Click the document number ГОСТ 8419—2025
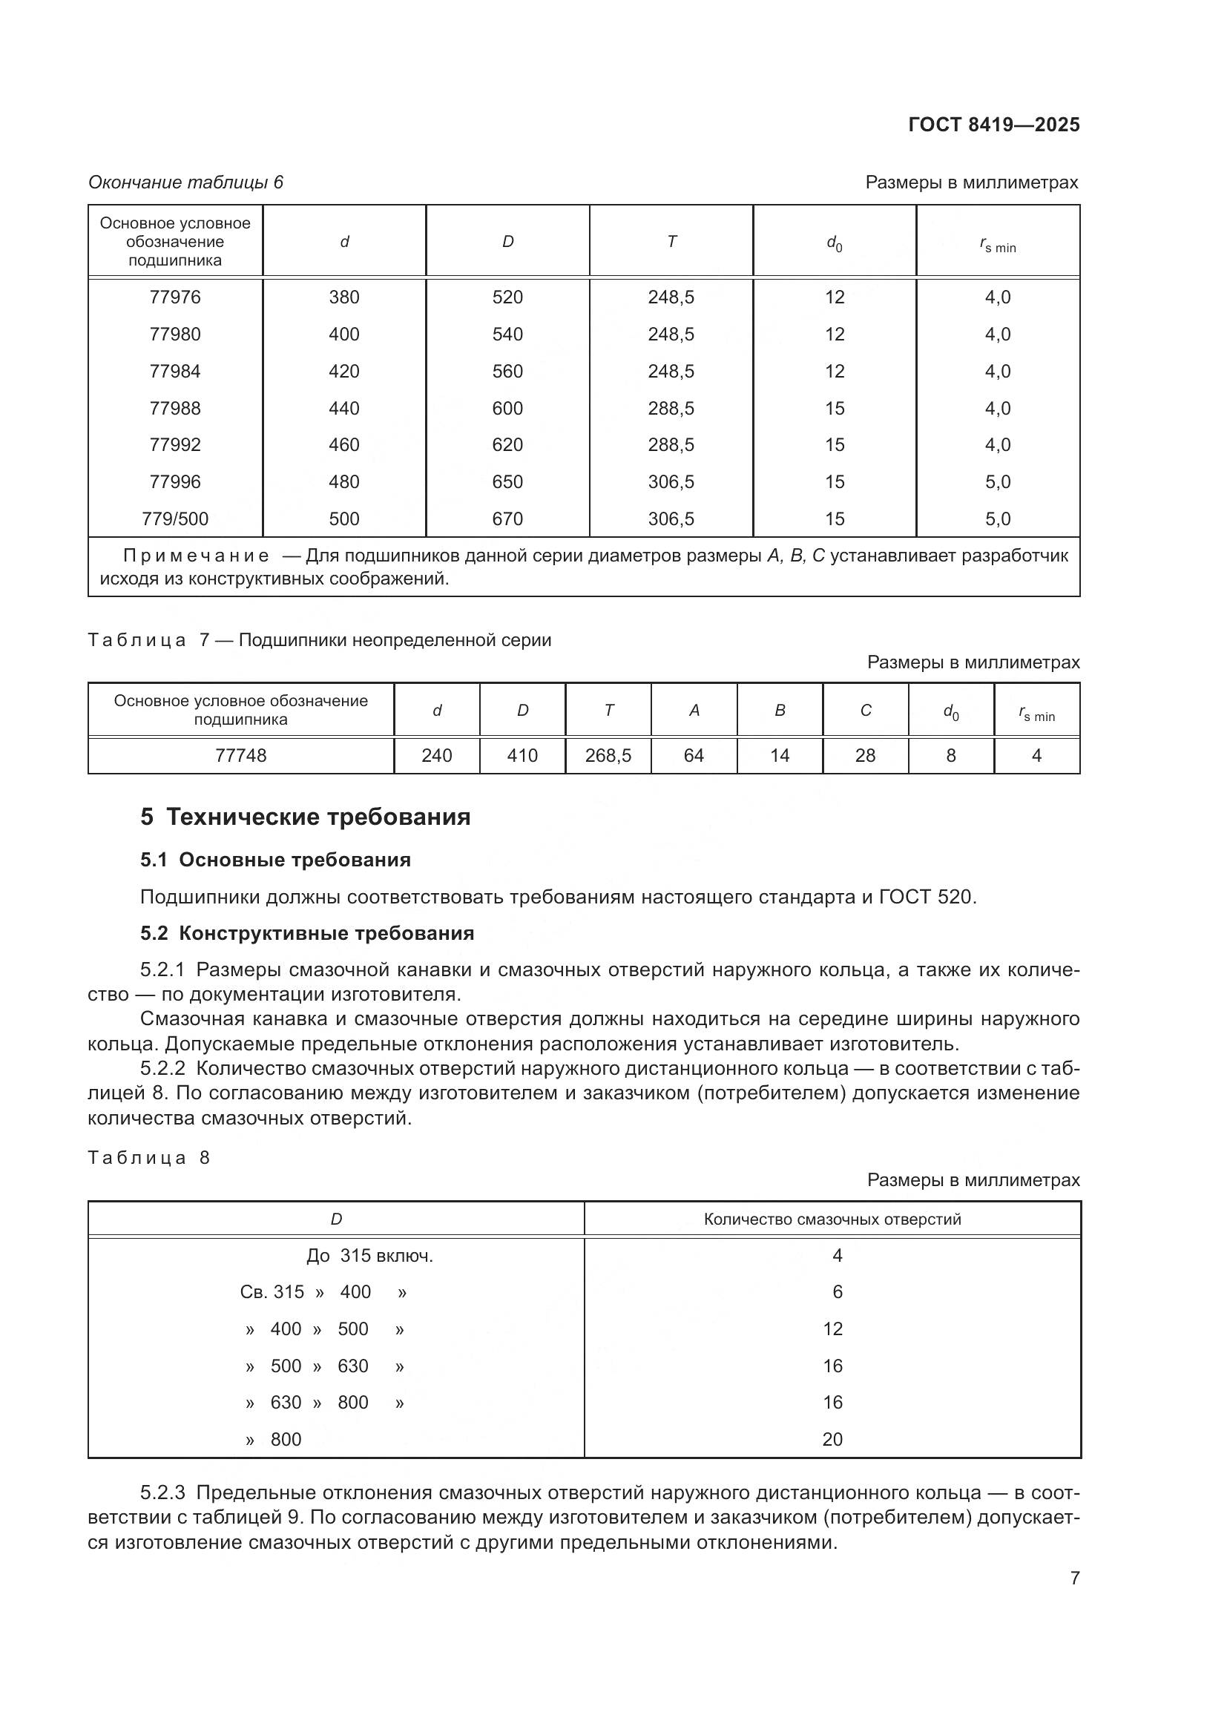tap(993, 125)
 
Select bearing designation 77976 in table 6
tap(174, 297)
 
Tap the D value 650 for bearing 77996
tap(507, 482)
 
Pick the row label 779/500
tap(174, 519)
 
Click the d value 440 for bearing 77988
tap(343, 409)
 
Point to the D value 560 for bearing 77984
tap(507, 372)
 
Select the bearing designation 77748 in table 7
tap(240, 756)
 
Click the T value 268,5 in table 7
tap(608, 756)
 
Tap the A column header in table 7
tap(694, 711)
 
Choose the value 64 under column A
tap(694, 756)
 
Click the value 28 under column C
tap(865, 756)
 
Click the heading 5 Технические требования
tap(305, 817)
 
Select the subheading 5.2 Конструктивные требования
tap(307, 933)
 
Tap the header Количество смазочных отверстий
tap(832, 1219)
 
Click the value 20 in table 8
tap(832, 1440)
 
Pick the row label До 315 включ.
tap(369, 1256)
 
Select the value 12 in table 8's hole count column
tap(832, 1329)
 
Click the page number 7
tap(1074, 1578)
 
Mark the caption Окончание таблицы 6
tap(186, 182)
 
